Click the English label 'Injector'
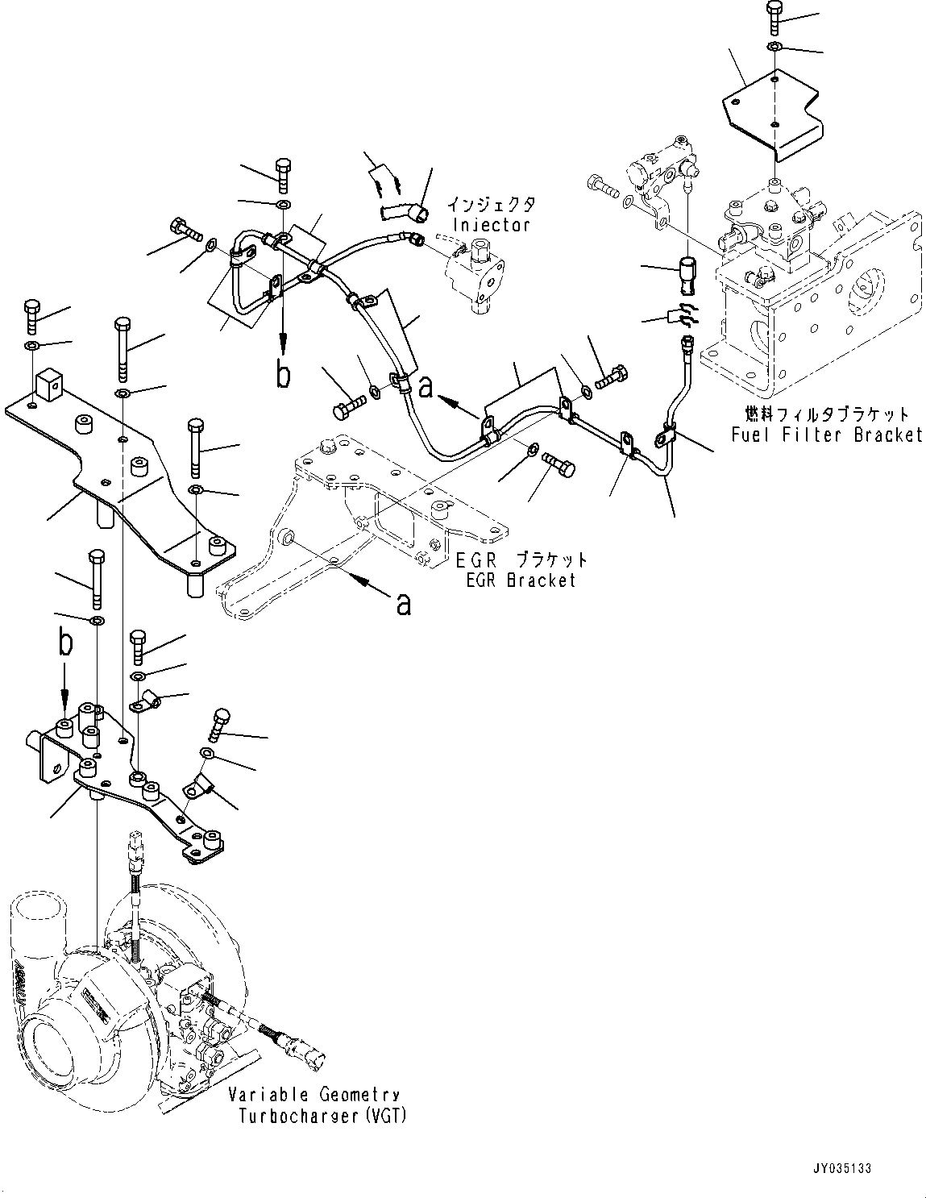pos(491,225)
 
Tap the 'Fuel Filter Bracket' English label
pos(827,435)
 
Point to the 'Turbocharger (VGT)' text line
pos(322,1116)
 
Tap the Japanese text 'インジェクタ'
pos(491,205)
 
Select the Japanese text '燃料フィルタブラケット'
pos(827,414)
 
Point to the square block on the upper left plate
pos(50,386)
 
